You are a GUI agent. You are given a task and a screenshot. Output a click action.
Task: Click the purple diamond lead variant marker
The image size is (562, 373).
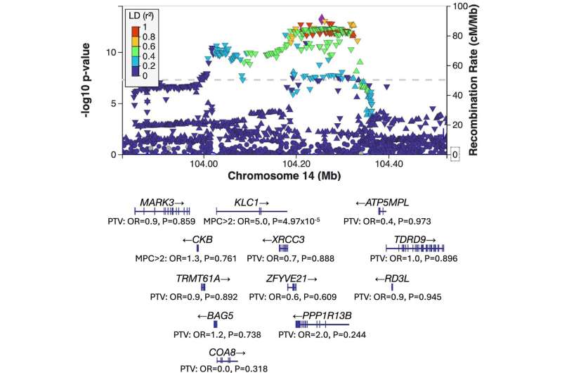tap(321, 18)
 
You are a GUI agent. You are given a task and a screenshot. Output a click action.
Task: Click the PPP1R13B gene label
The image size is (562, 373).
tap(329, 314)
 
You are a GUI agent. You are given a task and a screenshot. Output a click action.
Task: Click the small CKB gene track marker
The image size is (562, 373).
tap(198, 248)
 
